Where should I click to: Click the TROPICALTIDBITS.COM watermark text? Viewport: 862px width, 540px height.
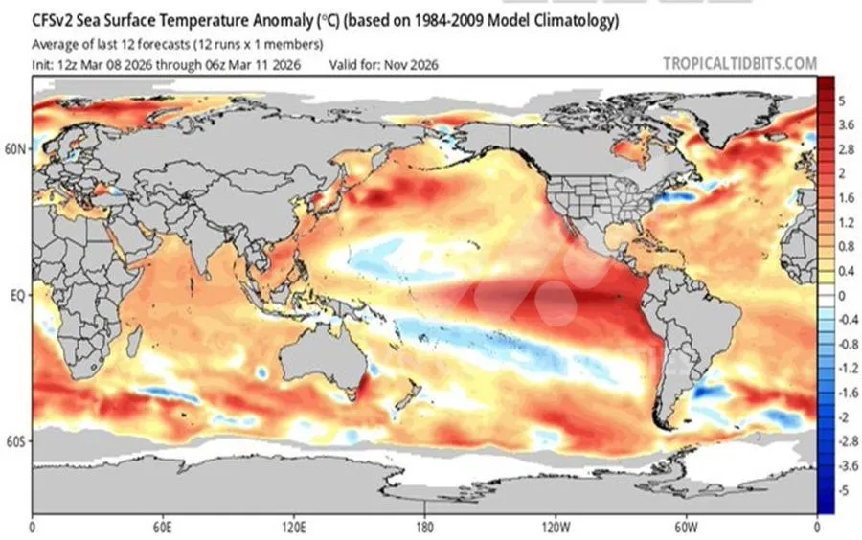coord(739,64)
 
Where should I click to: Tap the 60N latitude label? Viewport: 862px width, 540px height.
coord(17,149)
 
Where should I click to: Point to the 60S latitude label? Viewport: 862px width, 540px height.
coord(17,441)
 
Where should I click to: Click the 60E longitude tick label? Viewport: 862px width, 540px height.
coord(164,528)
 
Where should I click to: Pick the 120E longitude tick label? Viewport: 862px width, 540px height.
coord(295,528)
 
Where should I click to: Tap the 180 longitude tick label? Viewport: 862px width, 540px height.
coord(425,528)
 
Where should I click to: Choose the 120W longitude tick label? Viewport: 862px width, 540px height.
coord(556,528)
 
